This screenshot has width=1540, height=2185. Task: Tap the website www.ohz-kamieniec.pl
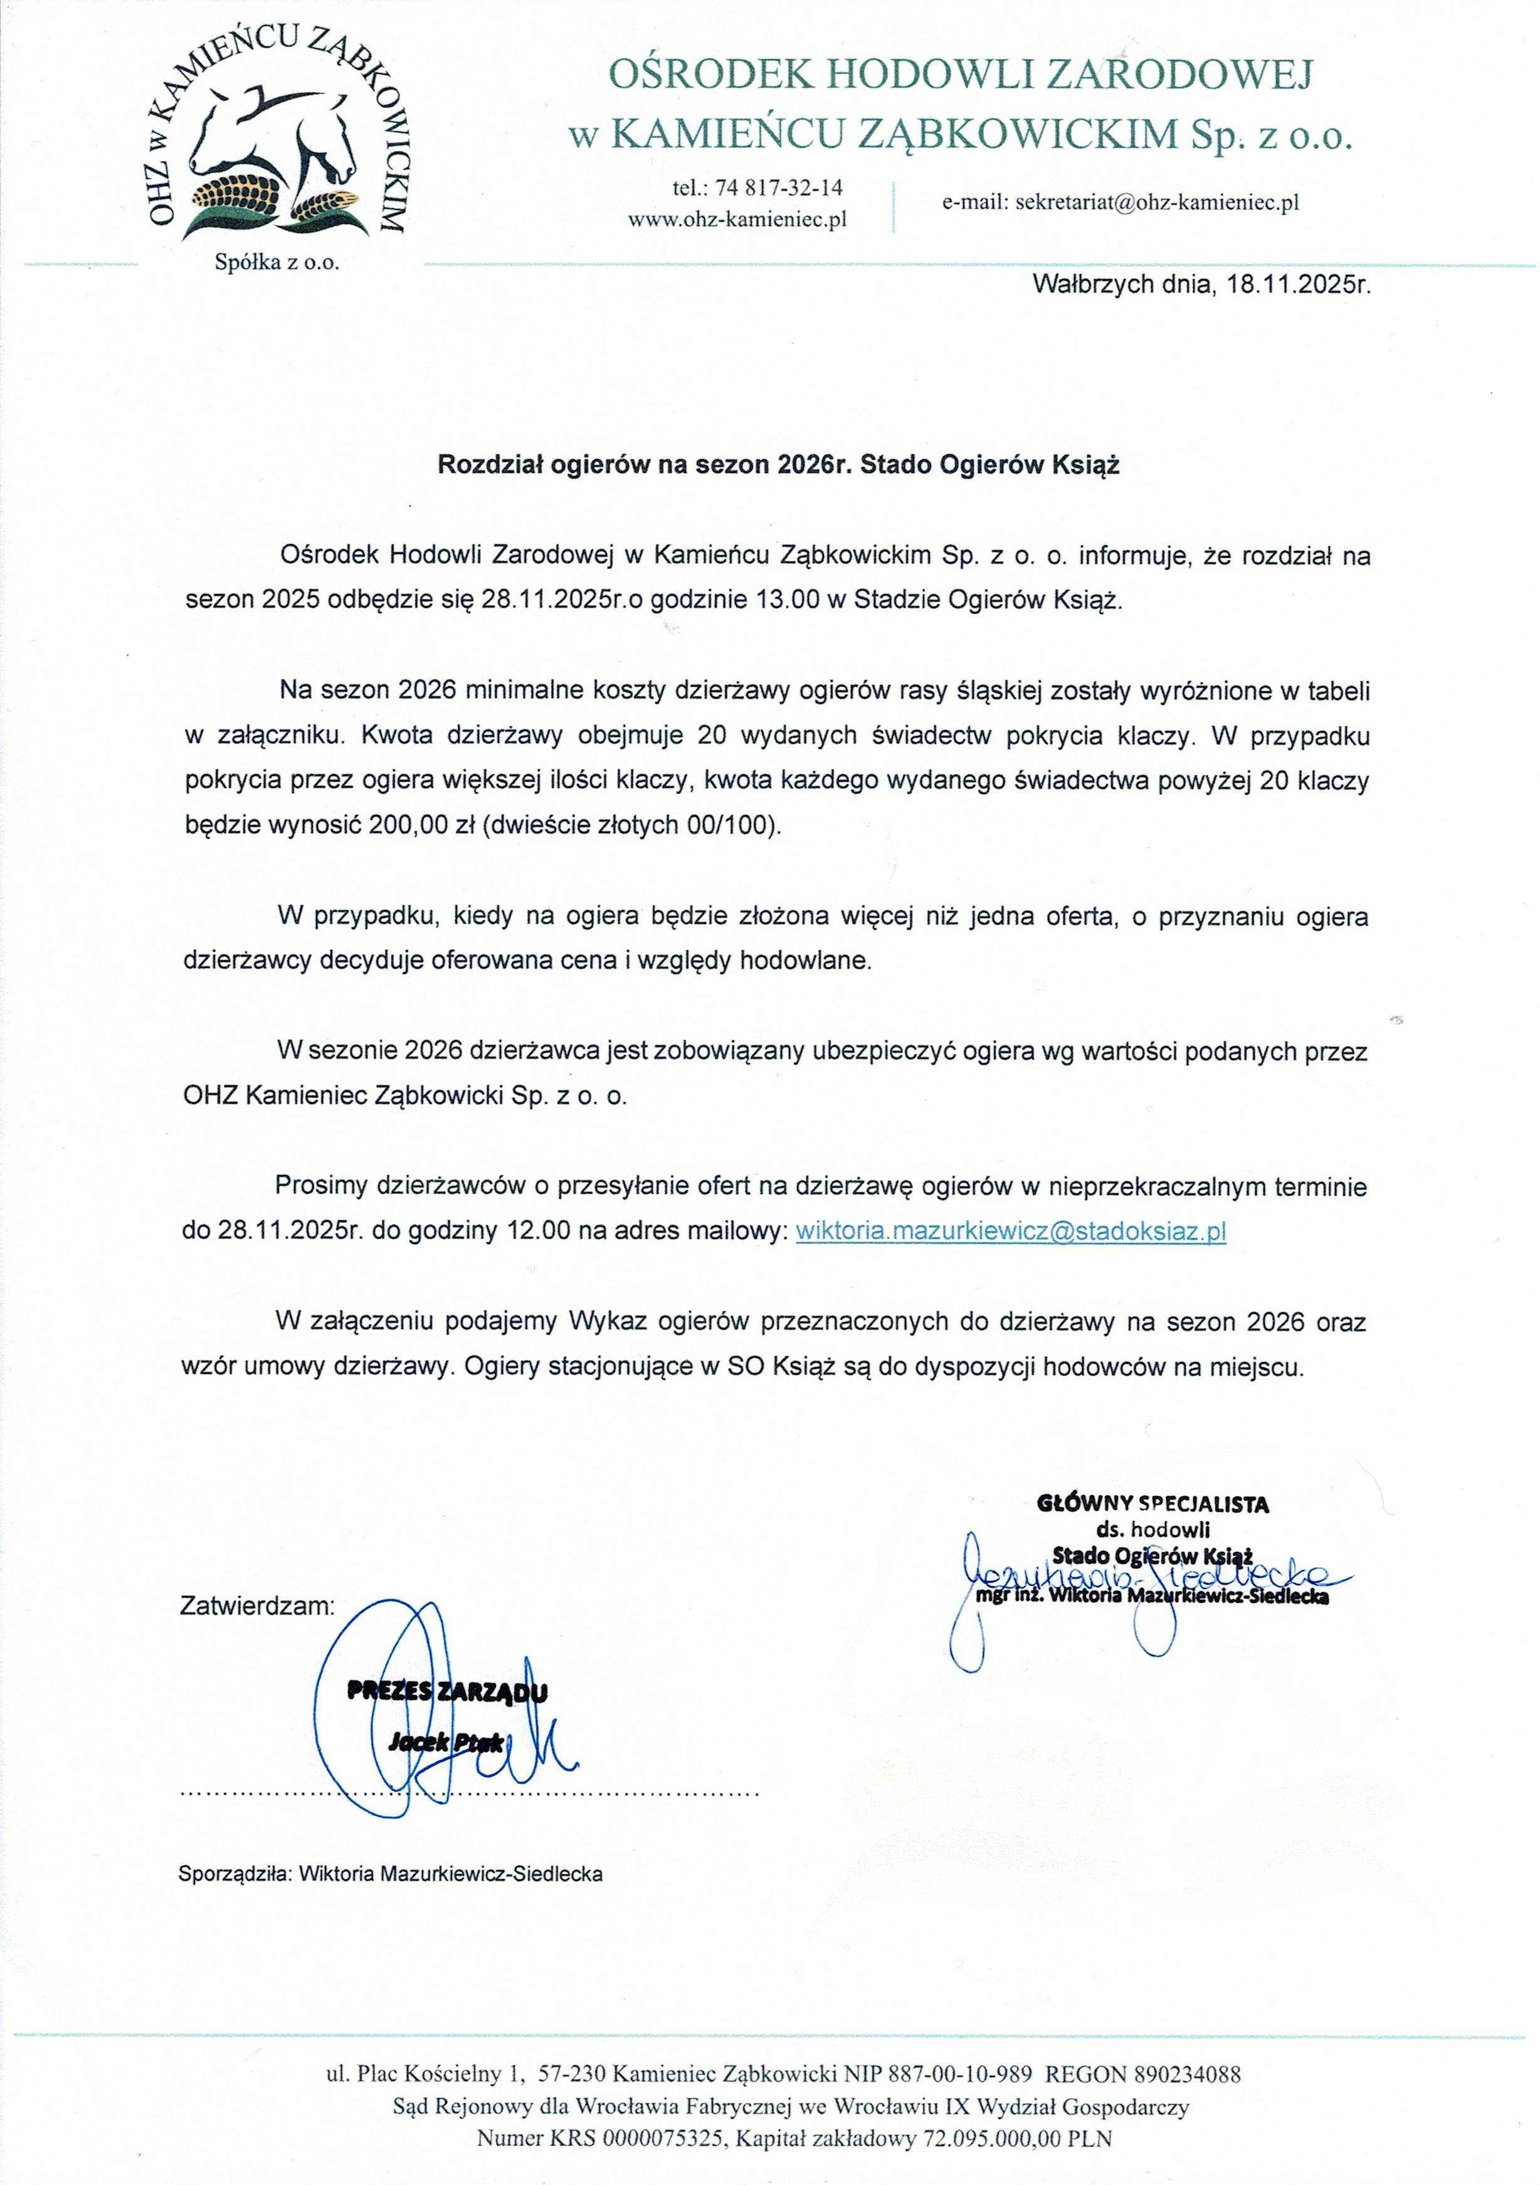tap(737, 220)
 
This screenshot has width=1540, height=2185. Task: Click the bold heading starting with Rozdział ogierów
tap(778, 465)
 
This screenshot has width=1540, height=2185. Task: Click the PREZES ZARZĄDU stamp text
tap(447, 1692)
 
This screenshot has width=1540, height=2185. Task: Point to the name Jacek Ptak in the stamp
tap(445, 1743)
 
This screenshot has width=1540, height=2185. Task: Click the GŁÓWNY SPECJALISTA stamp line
tap(1153, 1504)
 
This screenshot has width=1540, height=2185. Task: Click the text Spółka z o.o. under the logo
tap(277, 263)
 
